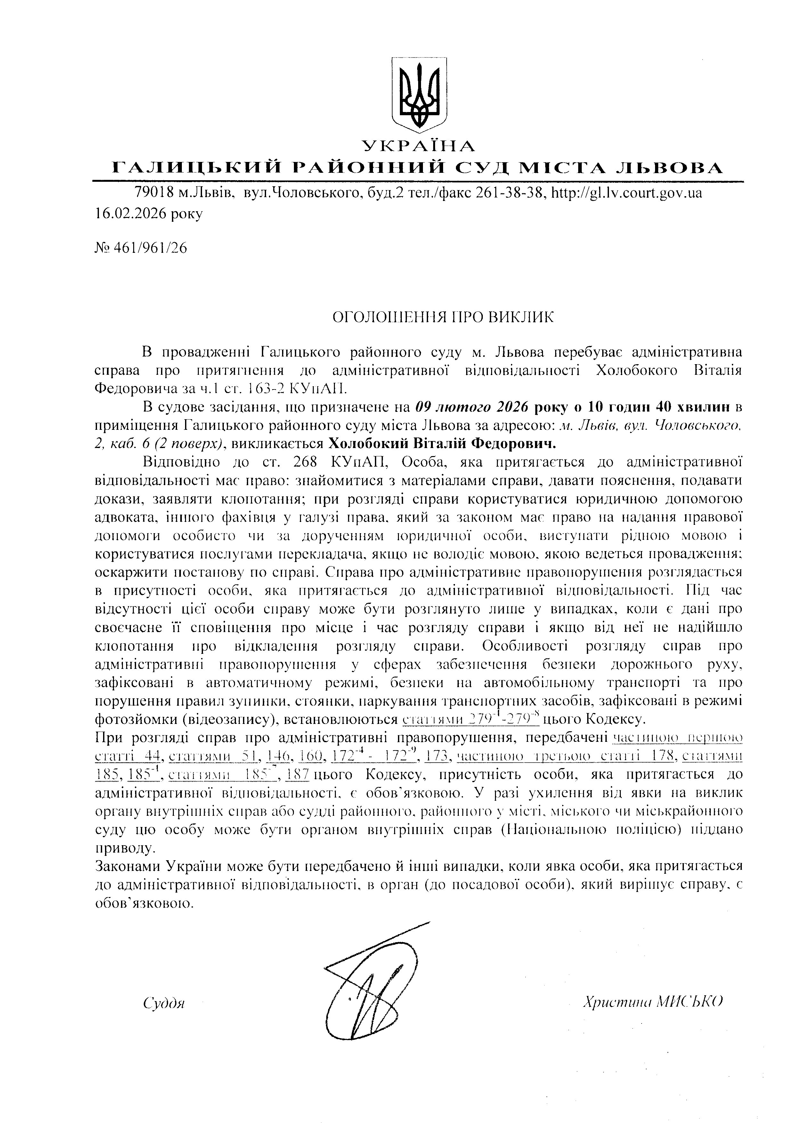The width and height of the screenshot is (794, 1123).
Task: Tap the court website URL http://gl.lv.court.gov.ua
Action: tap(626, 193)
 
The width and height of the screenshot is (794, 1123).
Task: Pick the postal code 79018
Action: tap(154, 193)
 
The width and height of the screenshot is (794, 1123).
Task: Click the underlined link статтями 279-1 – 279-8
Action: tap(471, 719)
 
